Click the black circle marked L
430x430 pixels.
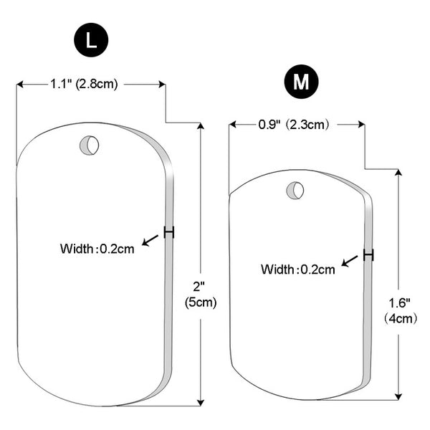click(91, 40)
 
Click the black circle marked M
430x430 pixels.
click(301, 82)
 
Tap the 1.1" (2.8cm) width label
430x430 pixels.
click(84, 84)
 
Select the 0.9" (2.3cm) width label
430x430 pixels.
click(293, 125)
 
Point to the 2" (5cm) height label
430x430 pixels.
click(201, 295)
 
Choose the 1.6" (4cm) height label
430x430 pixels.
click(400, 311)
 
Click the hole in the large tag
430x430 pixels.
click(89, 145)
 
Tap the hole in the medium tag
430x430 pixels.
click(295, 190)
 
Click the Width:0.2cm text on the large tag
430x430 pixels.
click(97, 249)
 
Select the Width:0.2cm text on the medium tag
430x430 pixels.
click(298, 269)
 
